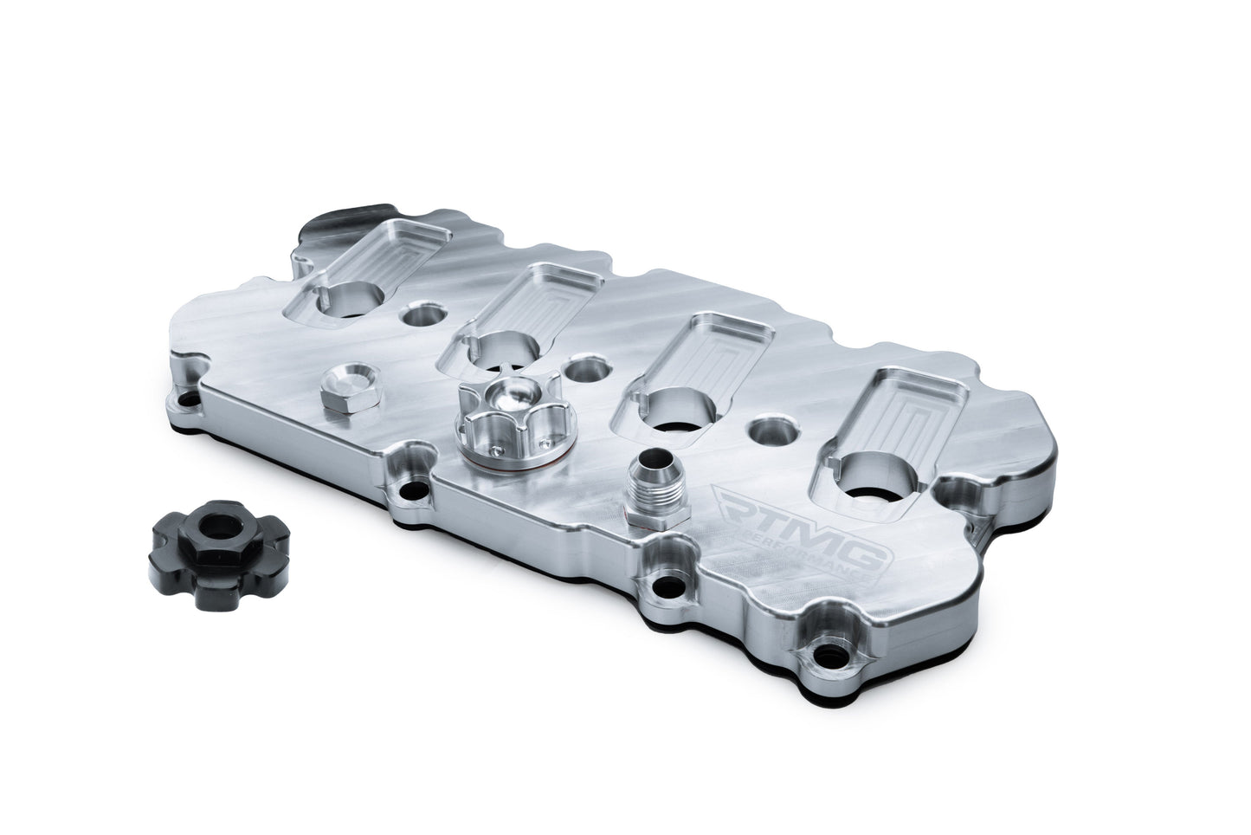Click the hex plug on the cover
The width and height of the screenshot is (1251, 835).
pyautogui.click(x=344, y=391)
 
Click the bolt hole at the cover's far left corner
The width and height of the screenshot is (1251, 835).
pyautogui.click(x=184, y=401)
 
